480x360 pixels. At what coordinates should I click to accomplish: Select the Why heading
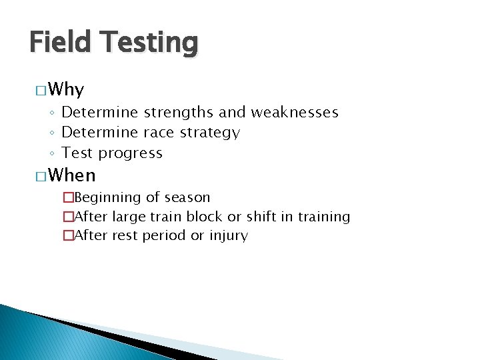[66, 90]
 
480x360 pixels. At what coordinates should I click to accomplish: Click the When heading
[72, 176]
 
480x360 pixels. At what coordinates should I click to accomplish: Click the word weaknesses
[294, 113]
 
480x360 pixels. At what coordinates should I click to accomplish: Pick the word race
[159, 133]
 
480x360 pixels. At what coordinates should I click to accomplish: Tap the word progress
[130, 153]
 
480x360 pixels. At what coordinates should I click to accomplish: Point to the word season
[187, 198]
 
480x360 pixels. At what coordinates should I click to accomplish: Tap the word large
[127, 217]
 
